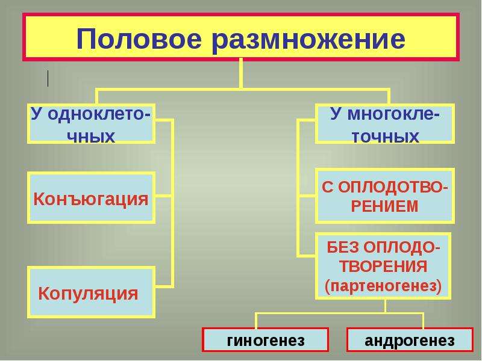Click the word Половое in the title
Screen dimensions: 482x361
pyautogui.click(x=139, y=39)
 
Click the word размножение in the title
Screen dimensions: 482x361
pyautogui.click(x=308, y=40)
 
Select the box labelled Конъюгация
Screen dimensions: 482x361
pyautogui.click(x=92, y=198)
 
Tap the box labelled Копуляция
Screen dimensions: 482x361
pyautogui.click(x=92, y=292)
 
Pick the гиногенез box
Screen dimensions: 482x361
pyautogui.click(x=265, y=339)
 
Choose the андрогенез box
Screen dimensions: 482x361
pyautogui.click(x=410, y=339)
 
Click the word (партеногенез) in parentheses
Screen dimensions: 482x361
pyautogui.click(x=383, y=286)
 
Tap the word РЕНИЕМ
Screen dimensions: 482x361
pyautogui.click(x=384, y=206)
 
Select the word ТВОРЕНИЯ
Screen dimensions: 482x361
pyautogui.click(x=383, y=266)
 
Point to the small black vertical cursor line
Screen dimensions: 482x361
pyautogui.click(x=48, y=79)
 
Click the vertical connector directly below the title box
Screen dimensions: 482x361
pyautogui.click(x=241, y=73)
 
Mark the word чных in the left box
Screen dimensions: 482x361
pyautogui.click(x=91, y=137)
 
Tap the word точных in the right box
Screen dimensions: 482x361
pyautogui.click(x=385, y=137)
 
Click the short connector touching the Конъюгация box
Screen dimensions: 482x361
pyautogui.click(x=163, y=196)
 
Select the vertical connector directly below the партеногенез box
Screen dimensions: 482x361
pyautogui.click(x=385, y=306)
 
